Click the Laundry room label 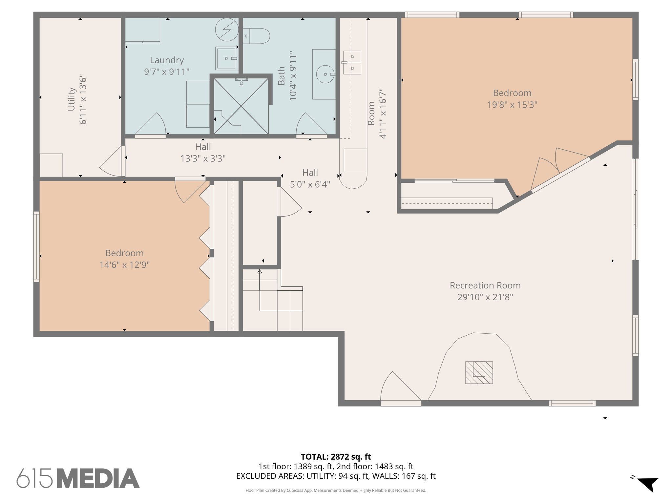click(x=167, y=60)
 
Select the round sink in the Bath click(x=325, y=74)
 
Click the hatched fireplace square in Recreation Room click(x=479, y=372)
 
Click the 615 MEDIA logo click(x=78, y=478)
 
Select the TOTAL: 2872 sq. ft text click(x=336, y=456)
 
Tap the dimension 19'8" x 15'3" click(x=512, y=105)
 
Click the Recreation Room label click(x=485, y=285)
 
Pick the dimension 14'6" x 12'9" click(x=124, y=265)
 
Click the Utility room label click(x=72, y=99)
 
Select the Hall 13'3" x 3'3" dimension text click(x=203, y=159)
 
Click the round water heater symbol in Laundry click(x=227, y=30)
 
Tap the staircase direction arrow click(x=260, y=272)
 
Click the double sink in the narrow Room click(x=352, y=62)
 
